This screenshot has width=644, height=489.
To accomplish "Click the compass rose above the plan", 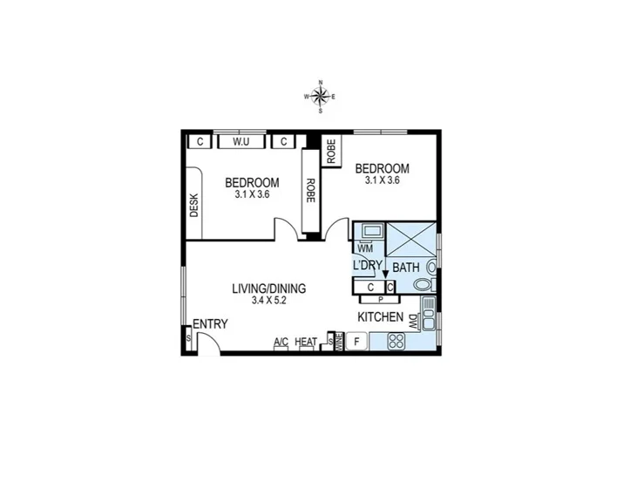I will pos(321,97).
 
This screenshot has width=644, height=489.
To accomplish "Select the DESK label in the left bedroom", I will pos(193,206).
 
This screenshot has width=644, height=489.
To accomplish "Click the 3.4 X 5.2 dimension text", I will pos(269,301).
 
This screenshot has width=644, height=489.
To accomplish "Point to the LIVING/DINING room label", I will pos(269,289).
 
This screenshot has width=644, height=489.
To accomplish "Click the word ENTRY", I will pos(210,324).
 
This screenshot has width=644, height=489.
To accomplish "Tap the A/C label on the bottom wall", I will pos(281,343).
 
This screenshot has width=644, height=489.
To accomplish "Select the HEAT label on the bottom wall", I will pos(306,343).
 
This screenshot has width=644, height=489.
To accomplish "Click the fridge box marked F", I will pos(356,342).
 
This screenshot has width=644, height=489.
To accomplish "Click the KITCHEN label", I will pos(380,317).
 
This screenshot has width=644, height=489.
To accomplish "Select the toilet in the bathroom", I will pos(424,285).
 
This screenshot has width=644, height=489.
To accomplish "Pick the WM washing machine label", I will pos(364,249).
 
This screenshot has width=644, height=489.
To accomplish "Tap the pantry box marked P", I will pos(380,298).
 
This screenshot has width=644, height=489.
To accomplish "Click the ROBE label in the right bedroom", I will pos(331,152).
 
